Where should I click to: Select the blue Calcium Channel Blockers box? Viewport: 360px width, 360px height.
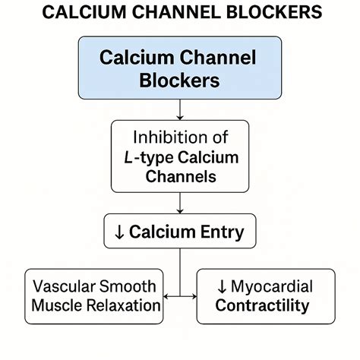(x=179, y=68)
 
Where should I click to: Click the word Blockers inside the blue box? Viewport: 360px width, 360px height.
(x=179, y=81)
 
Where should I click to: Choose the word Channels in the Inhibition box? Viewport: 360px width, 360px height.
(x=179, y=177)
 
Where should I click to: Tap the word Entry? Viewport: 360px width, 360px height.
(x=221, y=232)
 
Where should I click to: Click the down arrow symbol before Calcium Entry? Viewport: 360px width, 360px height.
(x=118, y=232)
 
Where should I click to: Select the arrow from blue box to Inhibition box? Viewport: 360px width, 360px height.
(x=179, y=111)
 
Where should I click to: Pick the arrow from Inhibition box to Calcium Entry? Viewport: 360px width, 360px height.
(x=179, y=204)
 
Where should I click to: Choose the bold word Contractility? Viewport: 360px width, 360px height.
(x=262, y=306)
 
